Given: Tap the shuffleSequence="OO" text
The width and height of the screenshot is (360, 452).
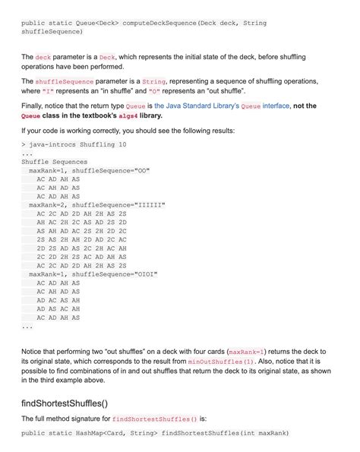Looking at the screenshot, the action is (112, 171).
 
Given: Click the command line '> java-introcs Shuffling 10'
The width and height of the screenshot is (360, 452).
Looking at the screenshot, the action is (74, 144).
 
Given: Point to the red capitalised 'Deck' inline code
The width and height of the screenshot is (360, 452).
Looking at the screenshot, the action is (107, 57).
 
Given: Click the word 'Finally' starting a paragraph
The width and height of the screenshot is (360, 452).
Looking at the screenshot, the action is (35, 106).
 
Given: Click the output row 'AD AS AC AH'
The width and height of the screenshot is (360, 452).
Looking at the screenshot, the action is (58, 309).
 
